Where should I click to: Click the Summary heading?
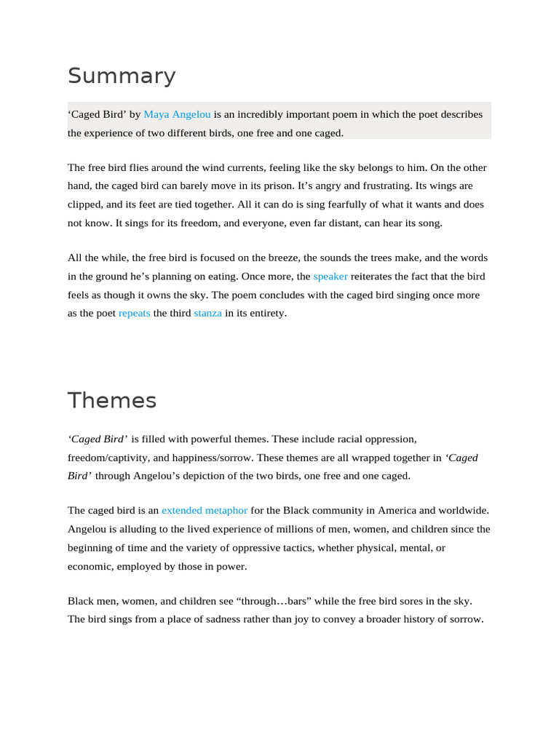(122, 76)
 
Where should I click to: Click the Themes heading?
(112, 401)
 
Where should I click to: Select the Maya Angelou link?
(178, 114)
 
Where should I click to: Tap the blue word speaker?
(330, 276)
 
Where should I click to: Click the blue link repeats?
(135, 313)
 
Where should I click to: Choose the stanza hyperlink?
(208, 313)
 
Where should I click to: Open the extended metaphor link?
(205, 510)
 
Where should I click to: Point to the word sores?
(413, 601)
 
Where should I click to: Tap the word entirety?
(266, 313)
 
